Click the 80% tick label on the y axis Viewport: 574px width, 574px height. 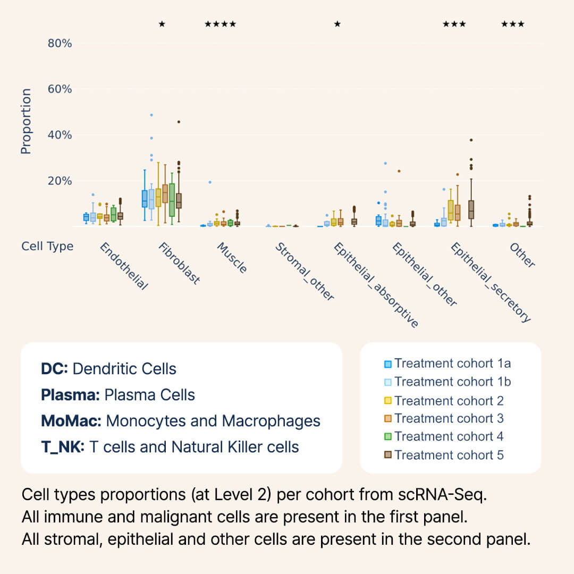click(60, 43)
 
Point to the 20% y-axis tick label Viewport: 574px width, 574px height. click(60, 181)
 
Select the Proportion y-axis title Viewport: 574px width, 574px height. click(26, 121)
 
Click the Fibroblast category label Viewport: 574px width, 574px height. click(179, 264)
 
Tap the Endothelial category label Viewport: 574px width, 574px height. click(123, 266)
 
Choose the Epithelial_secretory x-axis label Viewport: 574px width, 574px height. click(491, 282)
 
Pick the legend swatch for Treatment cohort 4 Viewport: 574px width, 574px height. click(388, 437)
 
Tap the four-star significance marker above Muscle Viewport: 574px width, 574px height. click(220, 24)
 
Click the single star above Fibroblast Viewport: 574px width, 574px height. click(162, 24)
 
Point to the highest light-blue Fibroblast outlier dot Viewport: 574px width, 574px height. click(151, 115)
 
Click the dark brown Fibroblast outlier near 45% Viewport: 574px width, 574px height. click(179, 122)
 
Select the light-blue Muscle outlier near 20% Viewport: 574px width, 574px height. click(210, 182)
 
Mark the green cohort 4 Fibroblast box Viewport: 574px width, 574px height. click(172, 199)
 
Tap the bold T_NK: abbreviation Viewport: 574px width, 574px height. click(62, 447)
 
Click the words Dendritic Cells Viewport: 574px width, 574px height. click(124, 369)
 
